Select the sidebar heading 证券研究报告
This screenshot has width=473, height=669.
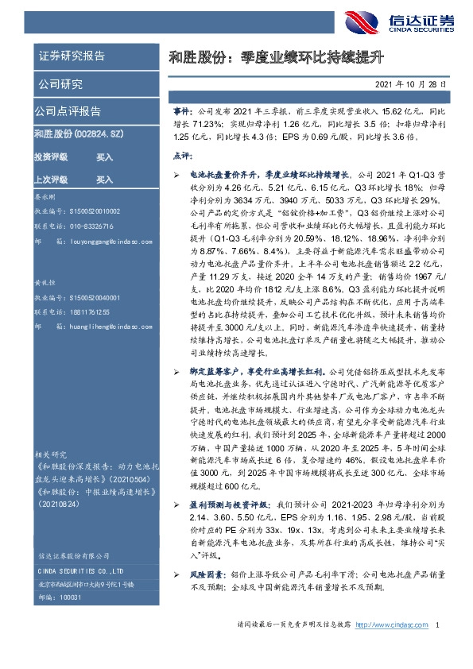pos(71,56)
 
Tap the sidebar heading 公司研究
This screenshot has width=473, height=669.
pos(60,84)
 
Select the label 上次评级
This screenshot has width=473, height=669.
pos(51,180)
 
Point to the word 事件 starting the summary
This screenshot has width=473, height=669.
pos(181,115)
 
